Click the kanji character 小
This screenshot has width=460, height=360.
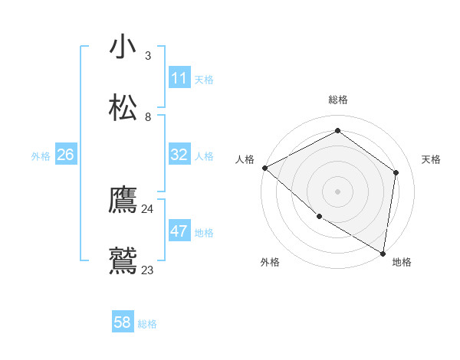pos(123,47)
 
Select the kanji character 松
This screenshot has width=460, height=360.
pos(123,106)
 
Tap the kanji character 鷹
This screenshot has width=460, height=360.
pos(123,200)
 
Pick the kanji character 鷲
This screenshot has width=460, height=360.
pos(123,260)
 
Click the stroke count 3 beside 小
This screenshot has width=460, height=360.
pos(147,56)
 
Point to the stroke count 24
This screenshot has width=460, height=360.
pos(147,208)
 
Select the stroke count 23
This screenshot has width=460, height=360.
pos(147,270)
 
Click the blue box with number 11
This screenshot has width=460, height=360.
pos(179,78)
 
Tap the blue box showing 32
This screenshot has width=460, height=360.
pos(179,155)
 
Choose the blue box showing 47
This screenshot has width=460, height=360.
pos(179,231)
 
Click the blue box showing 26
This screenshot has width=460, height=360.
pos(66,155)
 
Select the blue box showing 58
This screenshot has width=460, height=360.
pos(123,322)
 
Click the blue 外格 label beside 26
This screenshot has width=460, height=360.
pos(41,156)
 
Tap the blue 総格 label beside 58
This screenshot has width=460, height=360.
pos(147,324)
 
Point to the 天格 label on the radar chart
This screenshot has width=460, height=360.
pos(431,159)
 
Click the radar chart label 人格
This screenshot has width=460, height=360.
pos(245,159)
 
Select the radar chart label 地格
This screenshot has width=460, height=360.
pos(402,262)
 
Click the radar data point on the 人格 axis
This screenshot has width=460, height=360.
pos(264,168)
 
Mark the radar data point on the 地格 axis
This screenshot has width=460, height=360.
pos(382,252)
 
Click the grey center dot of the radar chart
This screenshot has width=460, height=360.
pos(337,191)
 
